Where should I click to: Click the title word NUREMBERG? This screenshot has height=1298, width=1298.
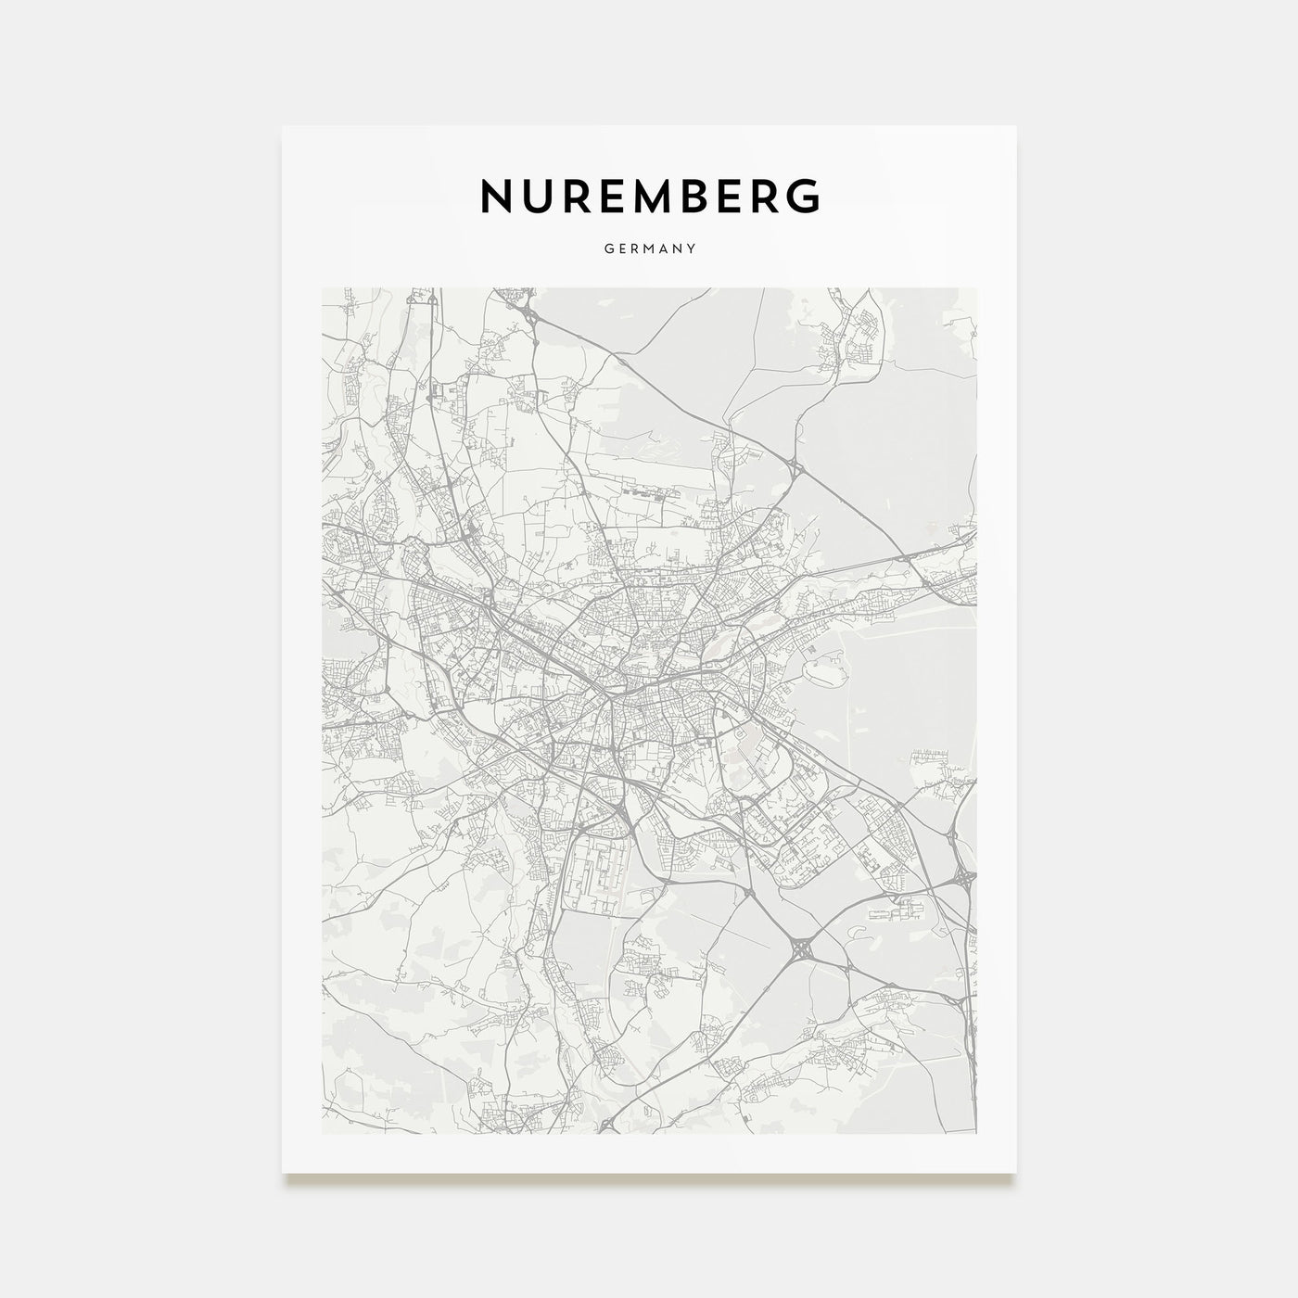(x=649, y=196)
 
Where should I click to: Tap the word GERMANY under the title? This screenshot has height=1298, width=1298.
(x=649, y=248)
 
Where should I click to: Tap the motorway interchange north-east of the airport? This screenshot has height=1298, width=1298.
(x=795, y=469)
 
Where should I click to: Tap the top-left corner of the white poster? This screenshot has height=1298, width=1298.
(x=283, y=126)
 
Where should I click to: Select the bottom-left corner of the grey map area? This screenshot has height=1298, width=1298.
(x=322, y=1133)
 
